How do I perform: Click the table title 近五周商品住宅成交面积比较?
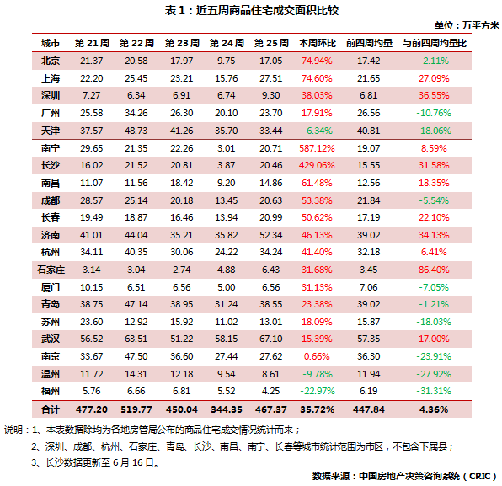(x=267, y=11)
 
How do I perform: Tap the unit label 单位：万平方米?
(x=467, y=25)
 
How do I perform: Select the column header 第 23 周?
(x=182, y=43)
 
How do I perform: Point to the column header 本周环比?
(x=317, y=43)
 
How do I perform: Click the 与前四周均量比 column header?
(x=434, y=43)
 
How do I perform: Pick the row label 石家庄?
(x=51, y=270)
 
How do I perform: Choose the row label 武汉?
(x=51, y=339)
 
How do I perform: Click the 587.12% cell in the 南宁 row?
(x=317, y=148)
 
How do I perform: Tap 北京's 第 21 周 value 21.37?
(x=91, y=61)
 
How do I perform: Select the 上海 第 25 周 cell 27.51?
(x=270, y=78)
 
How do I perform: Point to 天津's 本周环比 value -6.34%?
(x=318, y=131)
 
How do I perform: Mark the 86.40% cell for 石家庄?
(x=434, y=270)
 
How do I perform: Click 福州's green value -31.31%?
(x=434, y=391)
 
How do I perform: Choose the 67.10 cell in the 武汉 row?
(x=270, y=339)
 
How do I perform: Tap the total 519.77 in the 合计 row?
(x=136, y=409)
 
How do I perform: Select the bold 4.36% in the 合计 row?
(x=434, y=409)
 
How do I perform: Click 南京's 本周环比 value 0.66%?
(x=317, y=356)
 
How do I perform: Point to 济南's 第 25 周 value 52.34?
(x=270, y=235)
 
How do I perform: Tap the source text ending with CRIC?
(x=405, y=476)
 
